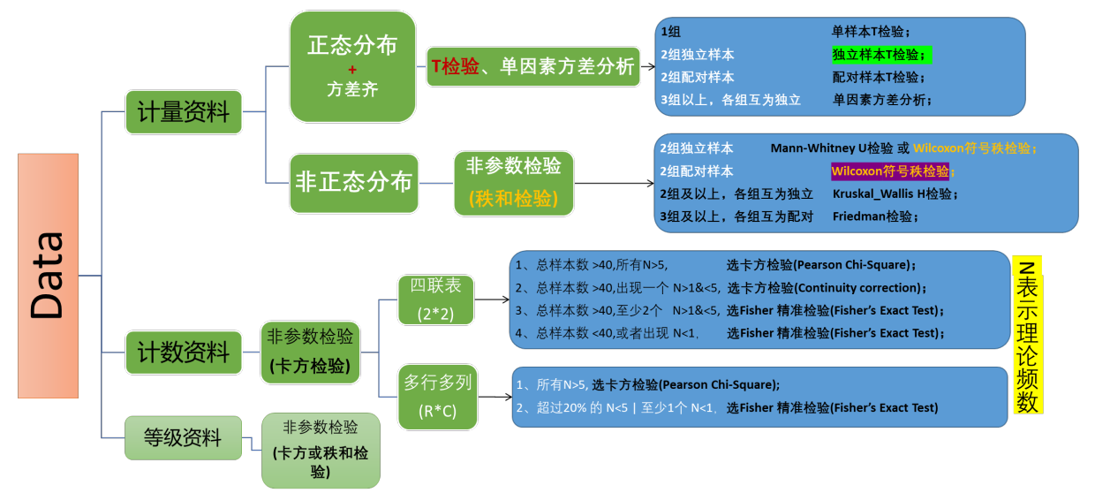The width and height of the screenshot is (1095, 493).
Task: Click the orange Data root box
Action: pos(48,276)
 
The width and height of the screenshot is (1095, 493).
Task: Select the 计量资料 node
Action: pos(184,112)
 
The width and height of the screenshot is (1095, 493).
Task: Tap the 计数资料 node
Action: pos(184,353)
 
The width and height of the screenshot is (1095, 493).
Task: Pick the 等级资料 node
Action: pos(183,437)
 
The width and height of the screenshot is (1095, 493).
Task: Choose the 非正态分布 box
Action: pos(353,183)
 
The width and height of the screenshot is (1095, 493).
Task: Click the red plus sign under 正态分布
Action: pos(352,70)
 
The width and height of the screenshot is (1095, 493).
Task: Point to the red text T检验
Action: pos(455,66)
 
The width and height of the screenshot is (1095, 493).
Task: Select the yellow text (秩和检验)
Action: pos(513,199)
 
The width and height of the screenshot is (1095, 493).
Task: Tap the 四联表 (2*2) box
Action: pos(436,299)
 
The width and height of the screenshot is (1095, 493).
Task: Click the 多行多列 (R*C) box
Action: pos(437,396)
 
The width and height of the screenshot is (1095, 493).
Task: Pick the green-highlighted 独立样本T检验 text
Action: pos(880,55)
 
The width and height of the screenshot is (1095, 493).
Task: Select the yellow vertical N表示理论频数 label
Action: pos(1028,335)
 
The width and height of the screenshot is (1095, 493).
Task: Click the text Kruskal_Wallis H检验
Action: pos(894,193)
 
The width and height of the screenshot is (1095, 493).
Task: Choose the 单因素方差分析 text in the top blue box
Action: pos(880,100)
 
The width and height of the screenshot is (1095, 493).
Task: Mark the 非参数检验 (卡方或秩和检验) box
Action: pos(321,450)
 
